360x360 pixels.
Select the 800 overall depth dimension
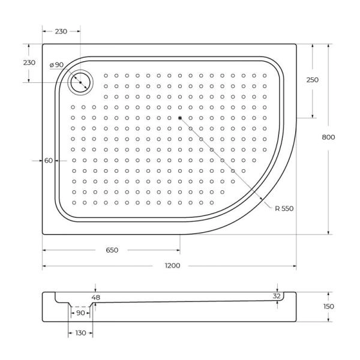coord(328,137)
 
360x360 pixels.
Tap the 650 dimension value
coord(112,250)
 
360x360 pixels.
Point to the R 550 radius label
coord(284,208)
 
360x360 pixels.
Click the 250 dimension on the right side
coord(313,80)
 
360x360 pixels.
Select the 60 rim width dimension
coord(49,160)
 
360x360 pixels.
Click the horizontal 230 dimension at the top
coord(61,32)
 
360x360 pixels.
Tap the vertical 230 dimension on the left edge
coord(28,63)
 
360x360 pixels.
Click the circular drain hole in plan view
coord(79,83)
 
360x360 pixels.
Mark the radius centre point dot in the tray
coord(179,117)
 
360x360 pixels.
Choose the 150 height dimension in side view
coord(328,307)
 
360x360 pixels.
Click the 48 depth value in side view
coord(96,298)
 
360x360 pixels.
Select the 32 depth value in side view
coord(277,296)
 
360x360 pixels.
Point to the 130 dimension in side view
coord(80,333)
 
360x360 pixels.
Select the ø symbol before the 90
coord(53,65)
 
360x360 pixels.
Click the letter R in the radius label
coord(277,208)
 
